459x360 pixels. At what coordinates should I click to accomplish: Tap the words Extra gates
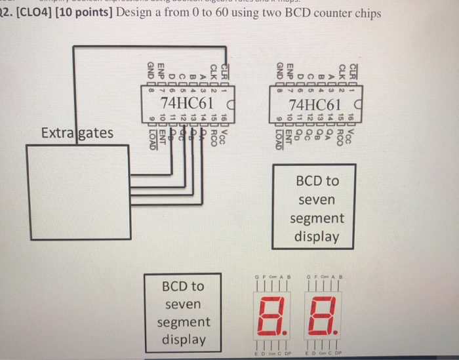[77, 133]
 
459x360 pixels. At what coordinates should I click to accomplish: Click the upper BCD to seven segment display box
[319, 208]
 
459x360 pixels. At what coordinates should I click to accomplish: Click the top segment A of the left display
[275, 299]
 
